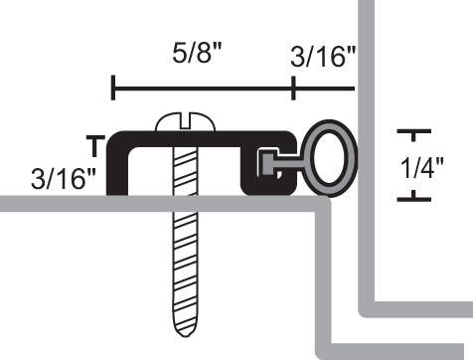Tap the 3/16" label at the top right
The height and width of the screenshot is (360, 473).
[x=323, y=57]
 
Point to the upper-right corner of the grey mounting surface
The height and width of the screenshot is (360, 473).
[x=328, y=203]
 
